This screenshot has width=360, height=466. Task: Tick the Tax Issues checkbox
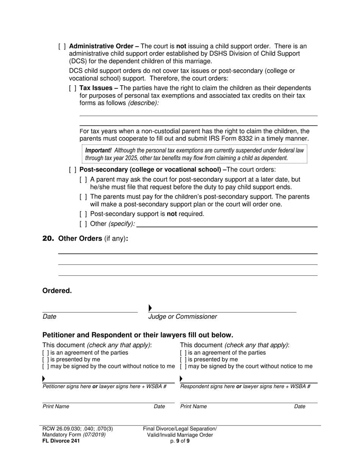click(x=73, y=88)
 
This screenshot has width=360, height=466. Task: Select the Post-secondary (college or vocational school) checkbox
click(x=73, y=170)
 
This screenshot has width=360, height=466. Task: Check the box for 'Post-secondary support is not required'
click(x=83, y=214)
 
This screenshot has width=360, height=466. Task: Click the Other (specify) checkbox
click(x=83, y=224)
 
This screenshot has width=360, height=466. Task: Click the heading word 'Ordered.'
click(x=57, y=291)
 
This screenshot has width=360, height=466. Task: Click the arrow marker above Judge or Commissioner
click(x=150, y=308)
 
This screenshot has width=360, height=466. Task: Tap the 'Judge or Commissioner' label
click(x=183, y=317)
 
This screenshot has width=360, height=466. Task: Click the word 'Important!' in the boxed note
click(x=98, y=150)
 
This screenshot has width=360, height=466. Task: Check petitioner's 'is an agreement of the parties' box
click(x=45, y=353)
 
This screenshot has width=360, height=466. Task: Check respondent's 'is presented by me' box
click(x=183, y=360)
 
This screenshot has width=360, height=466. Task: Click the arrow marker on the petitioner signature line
click(x=44, y=378)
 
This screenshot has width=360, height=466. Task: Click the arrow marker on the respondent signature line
click(x=181, y=378)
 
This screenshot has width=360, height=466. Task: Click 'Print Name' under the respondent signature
click(x=193, y=407)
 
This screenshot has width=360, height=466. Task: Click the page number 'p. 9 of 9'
click(x=180, y=441)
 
